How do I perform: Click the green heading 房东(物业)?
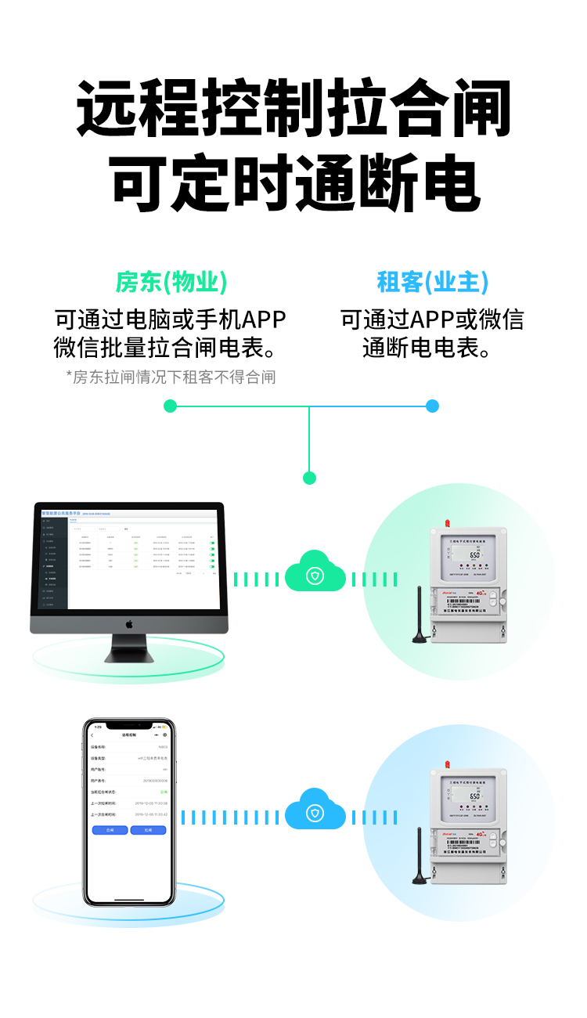pos(171,282)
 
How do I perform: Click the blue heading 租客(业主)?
pos(432,282)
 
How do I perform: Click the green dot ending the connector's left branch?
pos(171,406)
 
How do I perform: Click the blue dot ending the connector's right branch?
pos(432,406)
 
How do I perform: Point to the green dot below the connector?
pos(309,478)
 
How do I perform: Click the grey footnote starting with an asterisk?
pos(171,377)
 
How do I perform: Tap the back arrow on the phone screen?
pos(92,735)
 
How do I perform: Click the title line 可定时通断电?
pos(294,185)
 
